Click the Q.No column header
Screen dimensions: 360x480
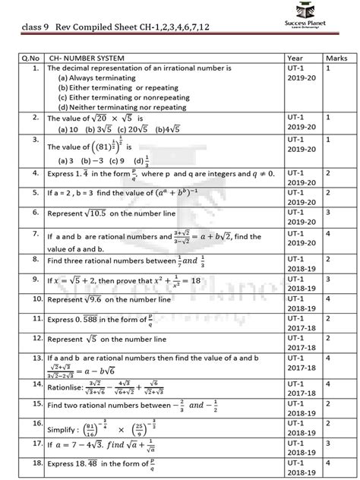pos(30,58)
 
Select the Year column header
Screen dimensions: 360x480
pos(295,58)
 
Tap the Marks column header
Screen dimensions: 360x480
pos(336,58)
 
